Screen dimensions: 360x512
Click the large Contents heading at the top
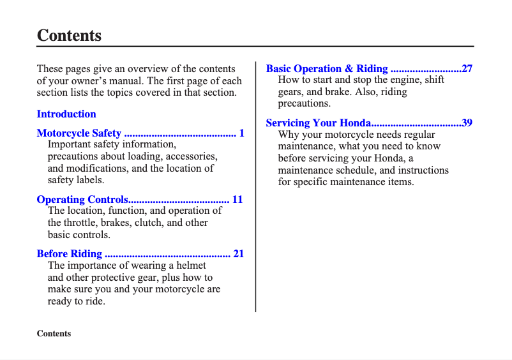tap(69, 35)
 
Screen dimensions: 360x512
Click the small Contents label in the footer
tap(54, 334)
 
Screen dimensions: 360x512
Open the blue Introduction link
tap(66, 114)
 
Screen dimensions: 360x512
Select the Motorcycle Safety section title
tap(79, 133)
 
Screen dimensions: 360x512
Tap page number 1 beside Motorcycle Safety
tap(242, 133)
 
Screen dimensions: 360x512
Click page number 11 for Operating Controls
tap(237, 200)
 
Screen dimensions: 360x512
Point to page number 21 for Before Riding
tap(238, 254)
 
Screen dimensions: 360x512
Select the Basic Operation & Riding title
tap(327, 69)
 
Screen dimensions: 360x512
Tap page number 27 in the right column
tap(467, 69)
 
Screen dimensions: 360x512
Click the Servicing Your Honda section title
tap(318, 123)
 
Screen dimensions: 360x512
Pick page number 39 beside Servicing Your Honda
tap(467, 123)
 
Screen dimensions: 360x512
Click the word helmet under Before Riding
tap(190, 266)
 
